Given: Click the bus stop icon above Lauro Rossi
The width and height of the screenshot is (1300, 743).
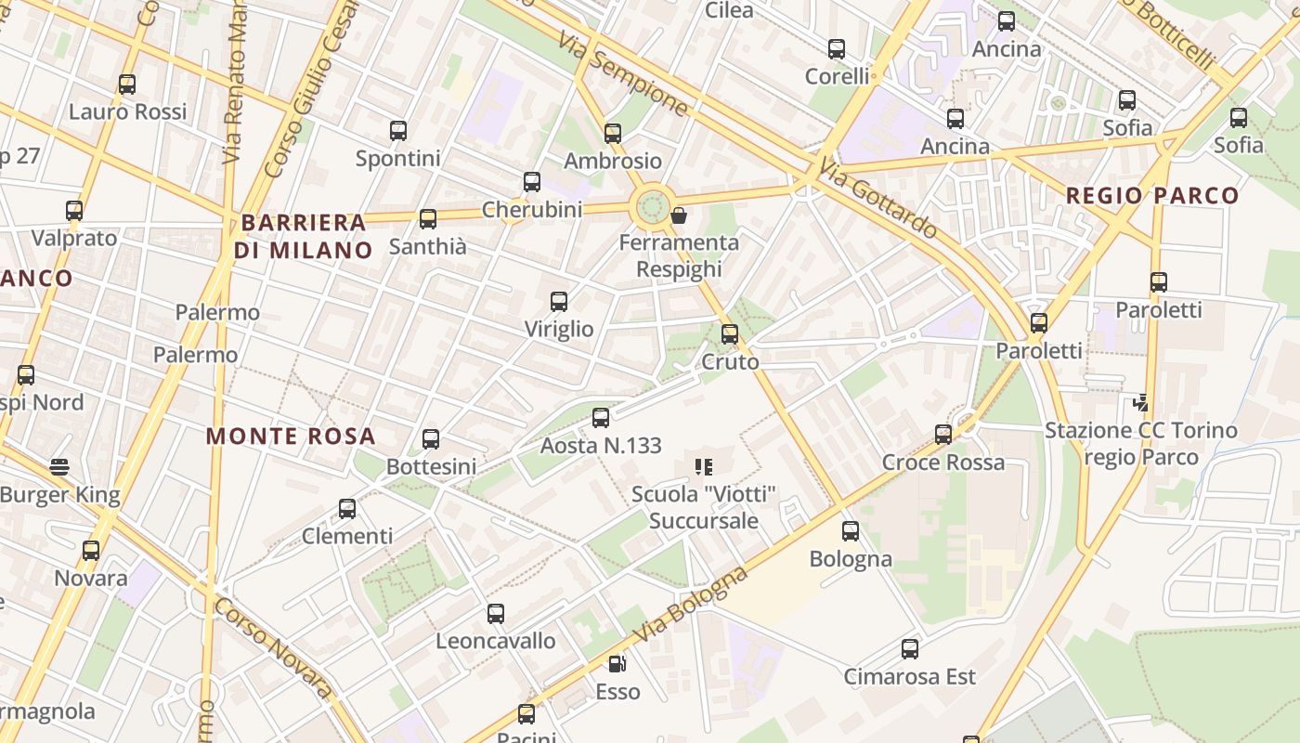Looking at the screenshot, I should tap(127, 85).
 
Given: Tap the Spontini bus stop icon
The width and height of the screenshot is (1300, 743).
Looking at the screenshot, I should tap(398, 131).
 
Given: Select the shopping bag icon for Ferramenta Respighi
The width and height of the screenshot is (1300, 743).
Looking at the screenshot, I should tap(679, 216).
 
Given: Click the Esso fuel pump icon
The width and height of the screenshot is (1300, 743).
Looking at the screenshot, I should tap(617, 664).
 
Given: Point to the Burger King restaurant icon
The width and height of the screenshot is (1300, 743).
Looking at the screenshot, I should tap(60, 467).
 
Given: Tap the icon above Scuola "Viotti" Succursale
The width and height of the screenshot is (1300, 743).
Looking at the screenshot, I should tap(704, 467).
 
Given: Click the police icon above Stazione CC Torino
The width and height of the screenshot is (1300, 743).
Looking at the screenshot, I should tap(1141, 403).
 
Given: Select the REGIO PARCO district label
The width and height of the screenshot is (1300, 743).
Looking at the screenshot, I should tap(1151, 196).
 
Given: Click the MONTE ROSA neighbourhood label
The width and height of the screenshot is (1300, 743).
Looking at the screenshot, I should tap(291, 436).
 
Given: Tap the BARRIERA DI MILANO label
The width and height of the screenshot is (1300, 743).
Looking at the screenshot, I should tap(303, 236).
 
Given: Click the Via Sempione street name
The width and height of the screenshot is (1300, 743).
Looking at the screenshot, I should tap(623, 73).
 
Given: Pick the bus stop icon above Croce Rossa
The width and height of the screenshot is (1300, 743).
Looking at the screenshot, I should tap(943, 435).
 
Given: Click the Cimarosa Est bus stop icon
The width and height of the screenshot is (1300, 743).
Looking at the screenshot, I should tap(910, 649).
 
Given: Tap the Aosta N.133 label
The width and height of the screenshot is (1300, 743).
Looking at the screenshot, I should tap(601, 446).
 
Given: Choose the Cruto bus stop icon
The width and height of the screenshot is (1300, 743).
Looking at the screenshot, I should tap(730, 334).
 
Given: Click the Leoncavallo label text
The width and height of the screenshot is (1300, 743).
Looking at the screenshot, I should tap(496, 641).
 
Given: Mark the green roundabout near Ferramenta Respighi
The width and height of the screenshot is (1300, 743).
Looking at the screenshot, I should tap(652, 206).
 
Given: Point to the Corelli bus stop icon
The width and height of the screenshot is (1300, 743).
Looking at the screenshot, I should tap(837, 49).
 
